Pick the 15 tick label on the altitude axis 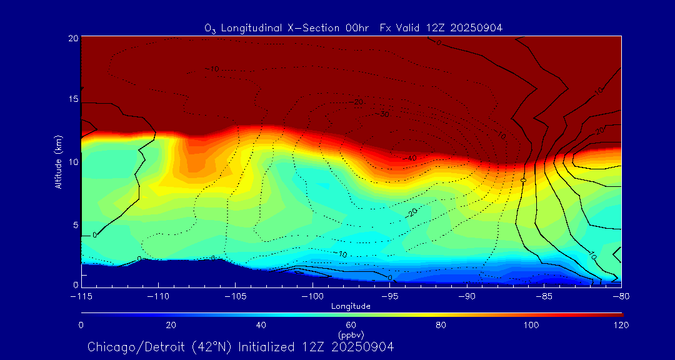point(73,100)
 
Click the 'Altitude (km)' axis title point(59,162)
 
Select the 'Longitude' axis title point(351,306)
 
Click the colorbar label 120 point(621,325)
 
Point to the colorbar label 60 point(351,325)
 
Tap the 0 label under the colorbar point(81,325)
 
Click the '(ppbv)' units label point(351,335)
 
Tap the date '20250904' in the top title point(479,27)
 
